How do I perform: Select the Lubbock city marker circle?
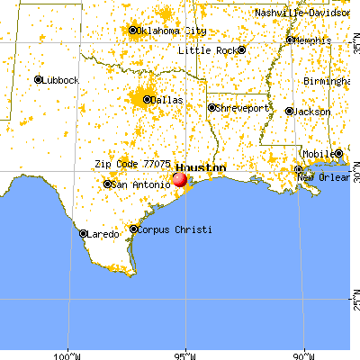click(x=39, y=80)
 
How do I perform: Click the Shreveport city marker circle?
click(x=212, y=108)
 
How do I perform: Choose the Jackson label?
click(x=313, y=111)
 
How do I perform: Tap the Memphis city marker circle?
click(x=289, y=40)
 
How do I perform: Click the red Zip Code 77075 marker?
click(x=179, y=179)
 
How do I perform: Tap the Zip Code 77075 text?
click(x=132, y=165)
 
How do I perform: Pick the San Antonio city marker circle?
click(x=108, y=184)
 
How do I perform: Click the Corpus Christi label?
click(x=175, y=229)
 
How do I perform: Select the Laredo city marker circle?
click(x=84, y=234)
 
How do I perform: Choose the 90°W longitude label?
click(x=305, y=353)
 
